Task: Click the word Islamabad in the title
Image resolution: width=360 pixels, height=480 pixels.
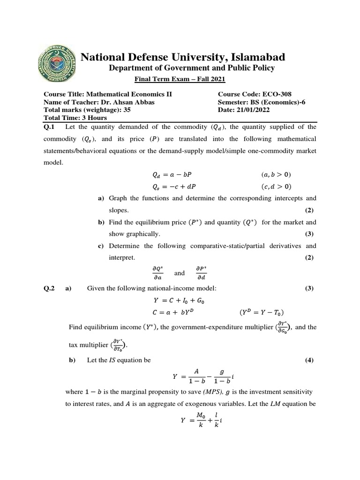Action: [253, 57]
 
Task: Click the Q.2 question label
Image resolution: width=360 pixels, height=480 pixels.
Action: [49, 289]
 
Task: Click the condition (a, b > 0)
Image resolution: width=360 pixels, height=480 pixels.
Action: [276, 175]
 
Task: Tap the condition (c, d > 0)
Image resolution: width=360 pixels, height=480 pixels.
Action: [276, 186]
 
